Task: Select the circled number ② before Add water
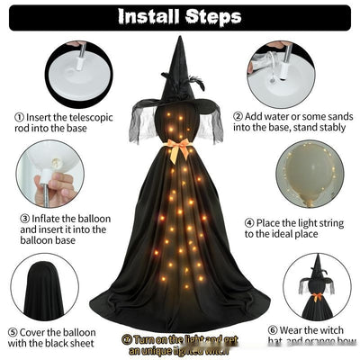[x=238, y=116]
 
